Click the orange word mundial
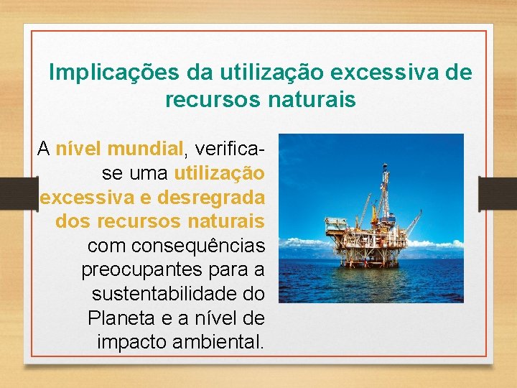(146, 149)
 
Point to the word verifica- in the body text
(228, 149)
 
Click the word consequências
(176, 246)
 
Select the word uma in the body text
(148, 173)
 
